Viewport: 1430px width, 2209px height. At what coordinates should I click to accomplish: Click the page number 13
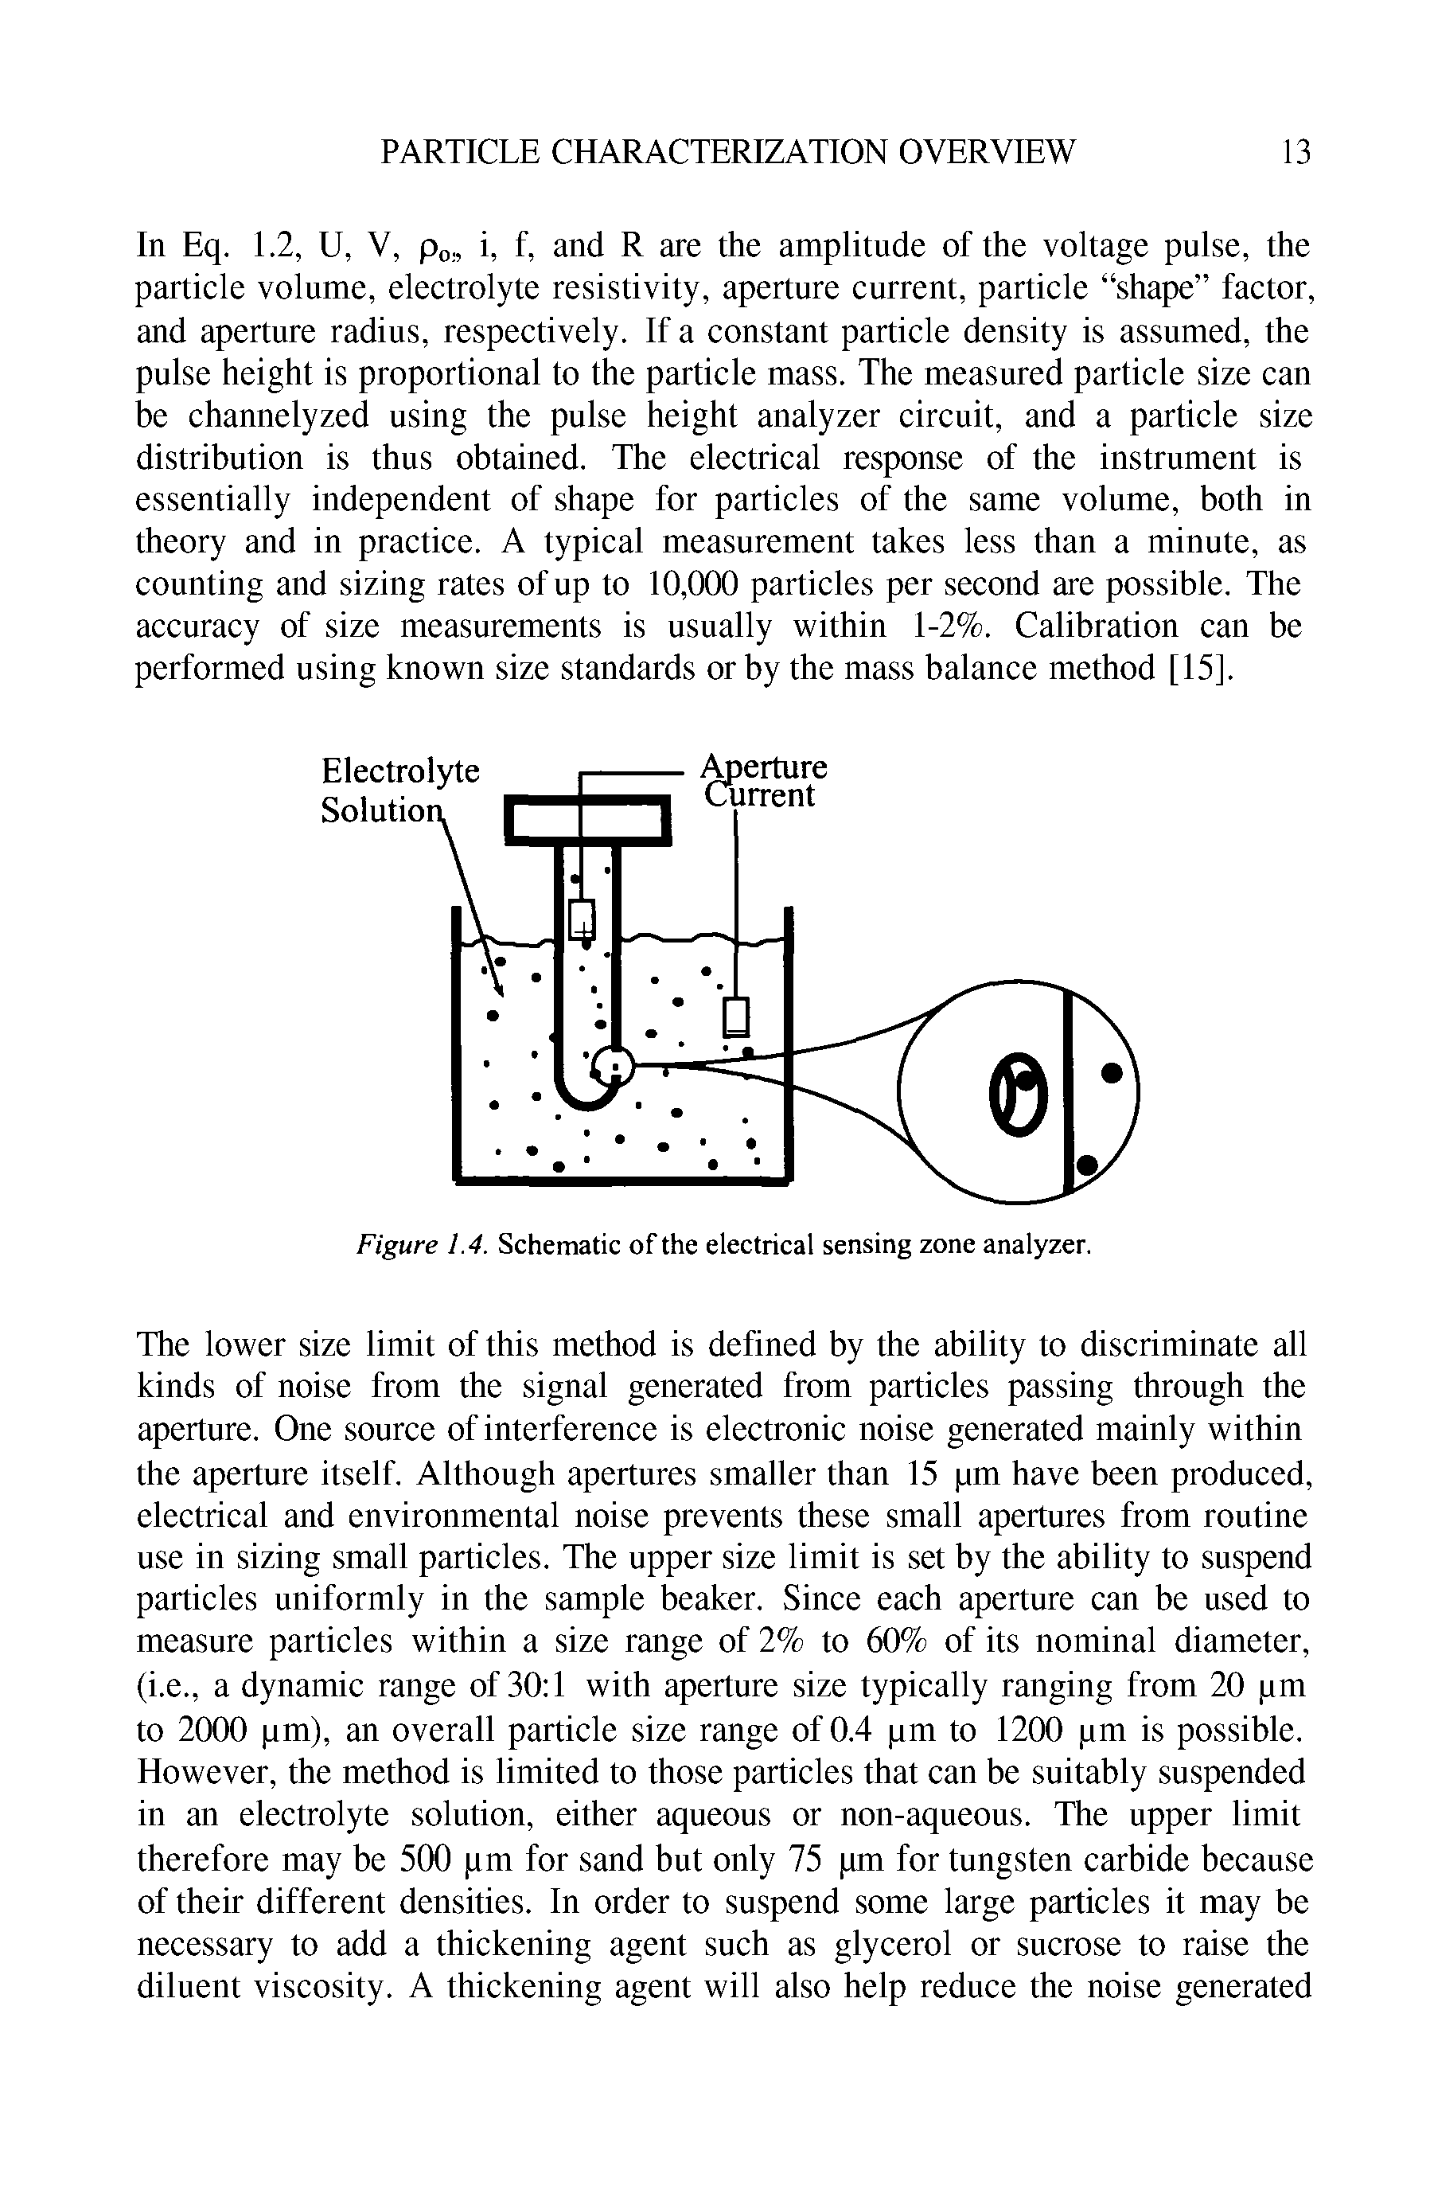tap(1296, 151)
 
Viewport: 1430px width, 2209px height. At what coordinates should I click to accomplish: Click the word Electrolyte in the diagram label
tap(400, 771)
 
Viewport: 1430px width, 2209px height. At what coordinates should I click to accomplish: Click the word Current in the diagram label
tap(760, 796)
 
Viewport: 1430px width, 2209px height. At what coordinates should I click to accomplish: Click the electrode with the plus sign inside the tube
tap(581, 919)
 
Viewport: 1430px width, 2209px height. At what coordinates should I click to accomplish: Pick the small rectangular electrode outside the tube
tap(737, 1017)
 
